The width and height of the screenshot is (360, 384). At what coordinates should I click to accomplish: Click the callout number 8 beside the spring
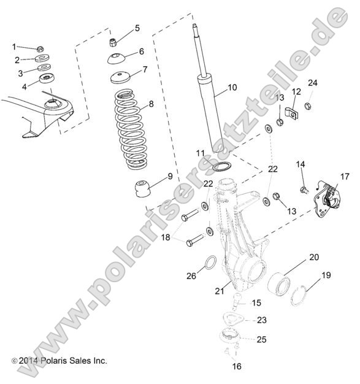tap(152, 104)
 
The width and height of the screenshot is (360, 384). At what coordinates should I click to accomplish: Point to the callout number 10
tap(231, 88)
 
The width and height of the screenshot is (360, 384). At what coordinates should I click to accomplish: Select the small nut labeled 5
tap(113, 42)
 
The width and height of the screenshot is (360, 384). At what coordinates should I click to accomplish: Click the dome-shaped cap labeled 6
tap(116, 59)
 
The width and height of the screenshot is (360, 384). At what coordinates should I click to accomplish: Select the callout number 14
tap(301, 164)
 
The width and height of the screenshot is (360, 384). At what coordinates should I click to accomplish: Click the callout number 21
tap(218, 290)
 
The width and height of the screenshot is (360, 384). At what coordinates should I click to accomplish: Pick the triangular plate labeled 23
tap(236, 320)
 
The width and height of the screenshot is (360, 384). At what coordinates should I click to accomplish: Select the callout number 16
tap(237, 367)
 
